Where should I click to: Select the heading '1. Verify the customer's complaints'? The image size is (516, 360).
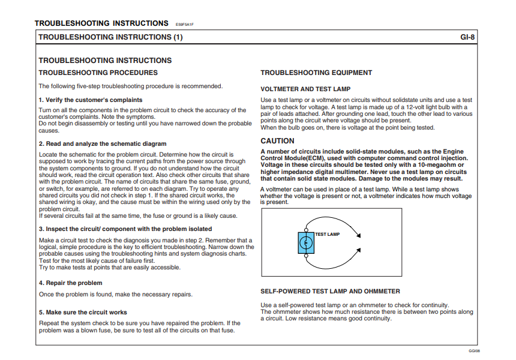point(91,100)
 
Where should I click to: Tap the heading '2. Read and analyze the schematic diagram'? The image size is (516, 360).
point(103,144)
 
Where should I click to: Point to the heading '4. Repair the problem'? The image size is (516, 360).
point(70,283)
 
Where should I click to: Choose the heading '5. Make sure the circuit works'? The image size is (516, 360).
point(83,312)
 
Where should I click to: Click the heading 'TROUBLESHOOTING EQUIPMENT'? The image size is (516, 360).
point(316,73)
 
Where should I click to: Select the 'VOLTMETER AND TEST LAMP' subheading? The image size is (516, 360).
point(305,89)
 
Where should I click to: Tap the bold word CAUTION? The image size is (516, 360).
point(277,141)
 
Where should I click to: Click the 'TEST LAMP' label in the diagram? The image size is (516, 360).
point(328,234)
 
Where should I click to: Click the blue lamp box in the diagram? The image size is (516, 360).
point(306,242)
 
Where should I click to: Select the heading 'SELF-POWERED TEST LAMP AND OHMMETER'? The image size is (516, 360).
point(330,291)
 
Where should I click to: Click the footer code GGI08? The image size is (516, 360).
point(474,351)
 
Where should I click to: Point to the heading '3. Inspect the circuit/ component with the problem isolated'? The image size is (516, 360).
point(125,229)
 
